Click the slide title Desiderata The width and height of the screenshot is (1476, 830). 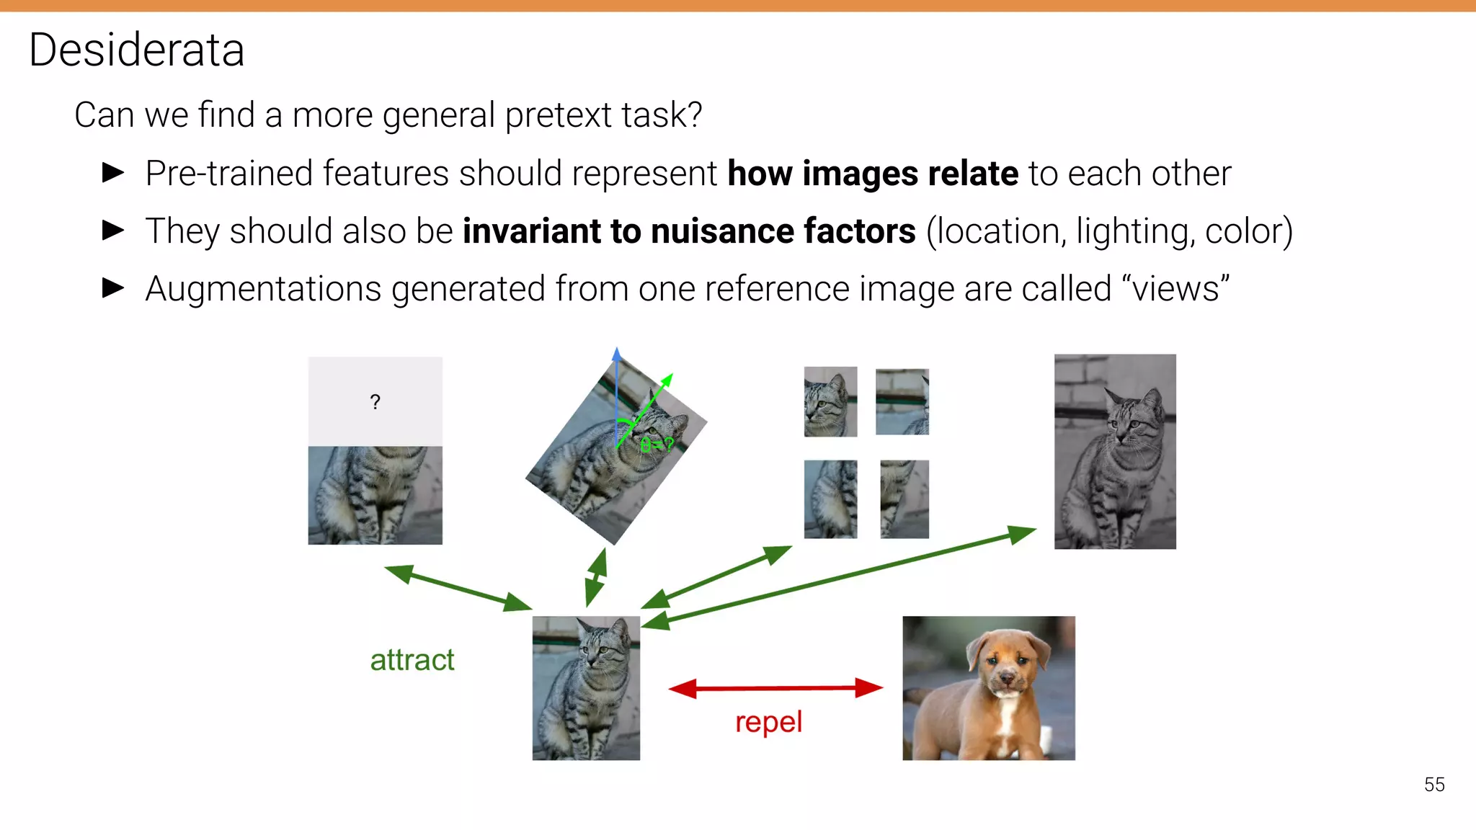[x=137, y=50]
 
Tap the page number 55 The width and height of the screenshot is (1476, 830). [x=1433, y=785]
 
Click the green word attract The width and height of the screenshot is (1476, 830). [x=412, y=660]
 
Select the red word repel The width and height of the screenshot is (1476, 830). [x=768, y=722]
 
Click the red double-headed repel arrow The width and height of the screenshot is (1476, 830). [x=775, y=688]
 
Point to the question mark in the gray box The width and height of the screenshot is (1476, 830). [x=375, y=402]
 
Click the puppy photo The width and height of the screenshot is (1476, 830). [x=988, y=688]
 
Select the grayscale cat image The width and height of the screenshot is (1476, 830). [x=1114, y=452]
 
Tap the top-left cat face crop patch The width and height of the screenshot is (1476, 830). [x=830, y=401]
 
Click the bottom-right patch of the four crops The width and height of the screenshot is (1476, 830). [x=904, y=499]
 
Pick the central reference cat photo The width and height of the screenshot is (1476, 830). [x=585, y=688]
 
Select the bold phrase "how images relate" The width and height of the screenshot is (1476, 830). [x=872, y=174]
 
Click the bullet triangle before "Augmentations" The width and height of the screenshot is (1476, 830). [x=114, y=288]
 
